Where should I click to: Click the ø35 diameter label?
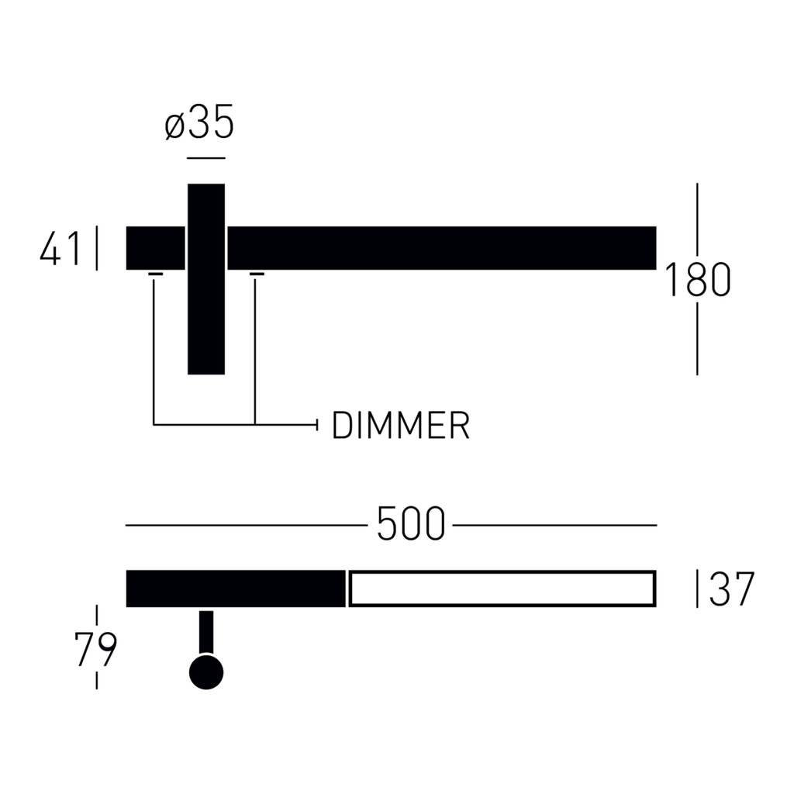click(199, 122)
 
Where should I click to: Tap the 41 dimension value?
click(60, 248)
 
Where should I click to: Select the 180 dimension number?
click(697, 279)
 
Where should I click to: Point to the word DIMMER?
click(401, 426)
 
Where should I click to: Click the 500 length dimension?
click(411, 523)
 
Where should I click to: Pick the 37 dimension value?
click(732, 589)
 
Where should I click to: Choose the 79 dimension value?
click(95, 649)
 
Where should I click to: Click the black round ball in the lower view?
click(206, 672)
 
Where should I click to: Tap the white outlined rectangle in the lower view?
click(502, 589)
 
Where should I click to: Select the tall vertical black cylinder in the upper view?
click(206, 279)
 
